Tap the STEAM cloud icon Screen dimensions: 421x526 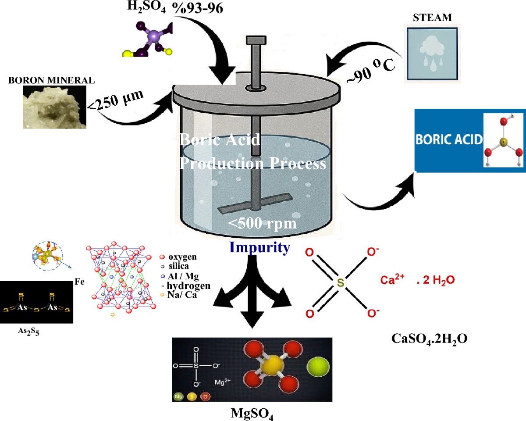point(432,53)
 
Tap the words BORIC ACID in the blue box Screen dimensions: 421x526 point(449,140)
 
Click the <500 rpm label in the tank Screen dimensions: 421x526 point(262,224)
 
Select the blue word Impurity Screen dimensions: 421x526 point(260,248)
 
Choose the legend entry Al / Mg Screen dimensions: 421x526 point(181,276)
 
